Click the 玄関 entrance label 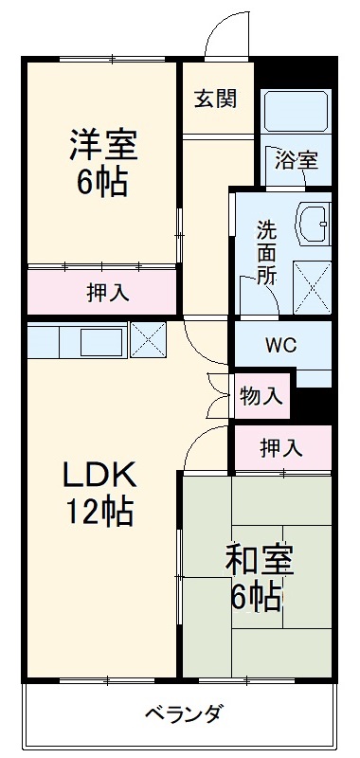[217, 99]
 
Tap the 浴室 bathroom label [297, 158]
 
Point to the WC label [281, 344]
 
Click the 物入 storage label [261, 395]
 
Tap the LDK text [100, 473]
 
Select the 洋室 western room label [102, 144]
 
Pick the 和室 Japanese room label [259, 561]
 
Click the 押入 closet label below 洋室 [102, 292]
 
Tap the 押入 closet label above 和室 [281, 446]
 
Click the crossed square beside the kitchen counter [146, 338]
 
